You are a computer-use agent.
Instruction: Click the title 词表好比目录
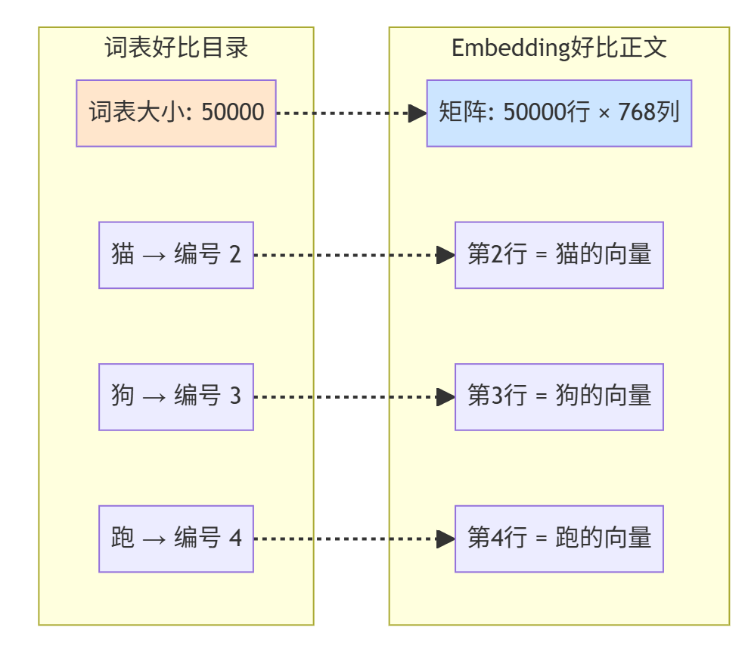click(x=176, y=48)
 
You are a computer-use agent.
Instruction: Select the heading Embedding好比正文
click(x=559, y=48)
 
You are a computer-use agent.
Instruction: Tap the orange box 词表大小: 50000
click(x=176, y=113)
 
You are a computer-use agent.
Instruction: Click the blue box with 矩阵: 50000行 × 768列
click(x=559, y=113)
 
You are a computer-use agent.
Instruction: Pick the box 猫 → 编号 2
click(x=176, y=255)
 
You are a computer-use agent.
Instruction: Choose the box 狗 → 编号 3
click(x=176, y=396)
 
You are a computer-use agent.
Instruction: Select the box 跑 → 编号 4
click(x=176, y=539)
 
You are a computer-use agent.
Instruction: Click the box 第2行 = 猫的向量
click(x=559, y=255)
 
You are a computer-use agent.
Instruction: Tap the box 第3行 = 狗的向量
click(x=559, y=396)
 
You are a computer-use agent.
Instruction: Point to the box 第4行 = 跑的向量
click(x=559, y=539)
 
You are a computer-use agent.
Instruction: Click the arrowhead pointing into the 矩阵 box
click(x=418, y=113)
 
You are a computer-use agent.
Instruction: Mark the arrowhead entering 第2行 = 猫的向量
click(x=446, y=255)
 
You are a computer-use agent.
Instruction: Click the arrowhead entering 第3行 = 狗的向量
click(x=446, y=396)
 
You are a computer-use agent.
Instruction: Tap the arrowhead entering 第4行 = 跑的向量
click(x=446, y=539)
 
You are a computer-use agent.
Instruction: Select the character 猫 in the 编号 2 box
click(x=123, y=255)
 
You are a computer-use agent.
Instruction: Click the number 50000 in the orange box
click(x=233, y=113)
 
